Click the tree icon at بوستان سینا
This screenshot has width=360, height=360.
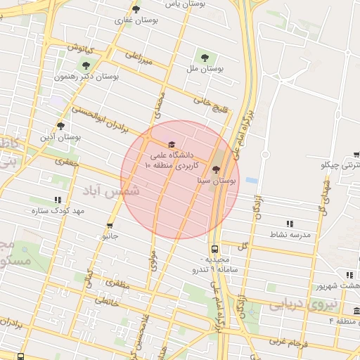point(216,169)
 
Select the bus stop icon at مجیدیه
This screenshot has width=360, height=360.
point(214,249)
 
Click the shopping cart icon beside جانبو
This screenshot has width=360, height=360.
point(110,226)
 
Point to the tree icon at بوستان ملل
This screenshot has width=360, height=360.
point(205,58)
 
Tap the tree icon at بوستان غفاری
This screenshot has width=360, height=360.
point(136,9)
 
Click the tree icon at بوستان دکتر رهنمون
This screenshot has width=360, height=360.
point(86,65)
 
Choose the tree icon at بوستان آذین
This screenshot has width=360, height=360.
point(60,126)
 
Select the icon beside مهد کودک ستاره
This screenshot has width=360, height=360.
point(57,200)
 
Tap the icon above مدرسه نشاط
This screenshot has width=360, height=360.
point(290,223)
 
